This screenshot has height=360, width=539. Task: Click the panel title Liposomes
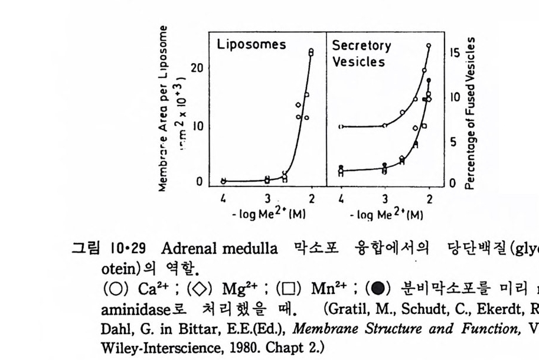pyautogui.click(x=251, y=45)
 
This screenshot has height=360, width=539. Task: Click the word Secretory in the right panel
pyautogui.click(x=361, y=45)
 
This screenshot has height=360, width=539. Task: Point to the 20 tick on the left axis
pyautogui.click(x=197, y=68)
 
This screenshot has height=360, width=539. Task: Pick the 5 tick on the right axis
pyautogui.click(x=453, y=142)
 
